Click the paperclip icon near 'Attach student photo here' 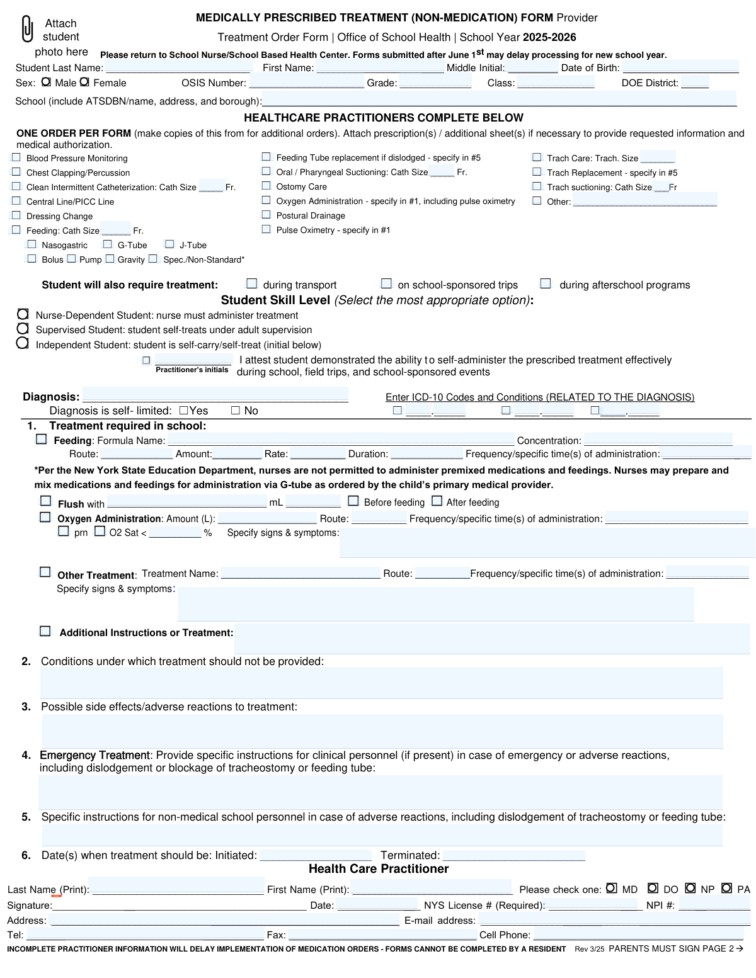pyautogui.click(x=27, y=29)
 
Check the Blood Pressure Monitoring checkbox pyautogui.click(x=16, y=157)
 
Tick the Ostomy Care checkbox pyautogui.click(x=266, y=186)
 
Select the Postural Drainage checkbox pyautogui.click(x=266, y=215)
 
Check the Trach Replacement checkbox pyautogui.click(x=537, y=171)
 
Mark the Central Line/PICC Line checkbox pyautogui.click(x=16, y=201)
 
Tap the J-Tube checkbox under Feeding pyautogui.click(x=169, y=244)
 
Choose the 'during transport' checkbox pyautogui.click(x=252, y=284)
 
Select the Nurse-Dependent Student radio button pyautogui.click(x=23, y=314)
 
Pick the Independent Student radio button pyautogui.click(x=23, y=343)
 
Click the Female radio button pyautogui.click(x=84, y=82)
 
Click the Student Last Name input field pyautogui.click(x=178, y=67)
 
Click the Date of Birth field pyautogui.click(x=680, y=67)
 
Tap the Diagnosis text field pyautogui.click(x=215, y=396)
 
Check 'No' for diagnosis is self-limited pyautogui.click(x=236, y=411)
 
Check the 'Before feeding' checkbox pyautogui.click(x=353, y=501)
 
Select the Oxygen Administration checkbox pyautogui.click(x=45, y=517)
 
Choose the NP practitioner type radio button pyautogui.click(x=690, y=888)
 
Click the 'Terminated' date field pyautogui.click(x=513, y=855)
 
